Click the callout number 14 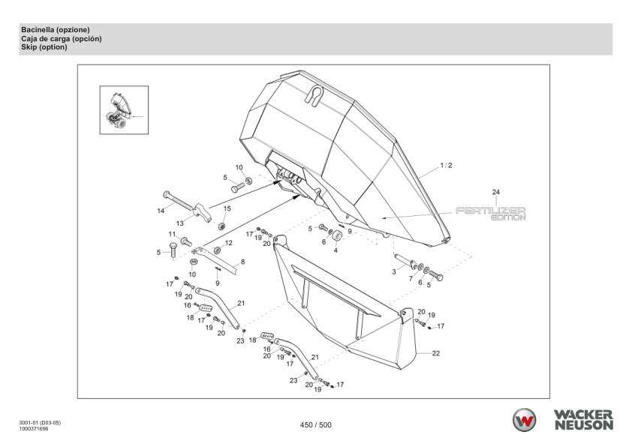(x=161, y=211)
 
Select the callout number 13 (x=180, y=223)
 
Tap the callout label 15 (x=227, y=208)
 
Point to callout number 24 (x=495, y=192)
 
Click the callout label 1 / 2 (x=446, y=165)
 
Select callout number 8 (x=242, y=262)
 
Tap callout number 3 (x=394, y=271)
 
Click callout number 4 (x=336, y=250)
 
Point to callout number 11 (x=172, y=235)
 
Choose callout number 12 (x=229, y=243)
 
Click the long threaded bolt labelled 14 (x=181, y=200)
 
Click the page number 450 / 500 (x=315, y=425)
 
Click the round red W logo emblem (x=525, y=421)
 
